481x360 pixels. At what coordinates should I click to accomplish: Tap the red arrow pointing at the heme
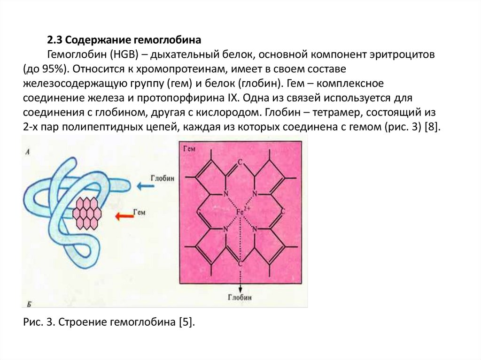pos(125,216)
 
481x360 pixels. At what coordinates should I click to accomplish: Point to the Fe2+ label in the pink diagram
pos(242,212)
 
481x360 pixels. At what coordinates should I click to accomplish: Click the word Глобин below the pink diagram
pos(240,298)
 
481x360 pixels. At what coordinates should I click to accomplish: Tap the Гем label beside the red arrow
pos(140,212)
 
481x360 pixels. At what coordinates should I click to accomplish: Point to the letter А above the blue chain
pos(29,152)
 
